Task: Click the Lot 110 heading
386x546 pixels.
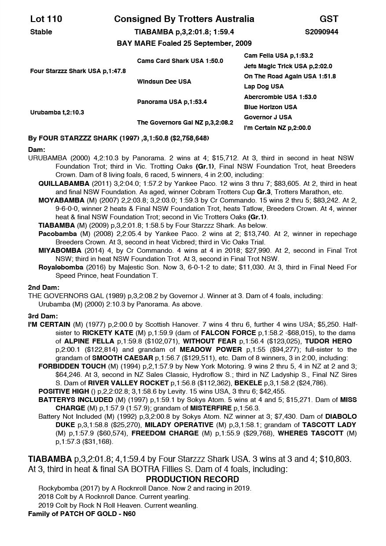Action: (x=46, y=19)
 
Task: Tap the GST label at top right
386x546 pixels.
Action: (x=329, y=19)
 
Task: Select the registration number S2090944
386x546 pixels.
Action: (x=321, y=32)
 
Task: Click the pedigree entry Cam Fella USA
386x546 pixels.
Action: (x=279, y=56)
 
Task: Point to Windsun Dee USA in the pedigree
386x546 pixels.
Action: (x=164, y=81)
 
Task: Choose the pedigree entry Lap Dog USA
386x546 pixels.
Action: (x=264, y=86)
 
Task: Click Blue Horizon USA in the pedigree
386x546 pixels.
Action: (x=270, y=107)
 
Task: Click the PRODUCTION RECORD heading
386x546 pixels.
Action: (x=192, y=479)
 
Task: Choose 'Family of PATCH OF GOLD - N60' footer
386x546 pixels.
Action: (x=81, y=513)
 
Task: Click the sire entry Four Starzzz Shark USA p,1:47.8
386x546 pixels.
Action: (x=78, y=71)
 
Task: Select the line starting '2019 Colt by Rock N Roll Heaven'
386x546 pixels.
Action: (x=118, y=505)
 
